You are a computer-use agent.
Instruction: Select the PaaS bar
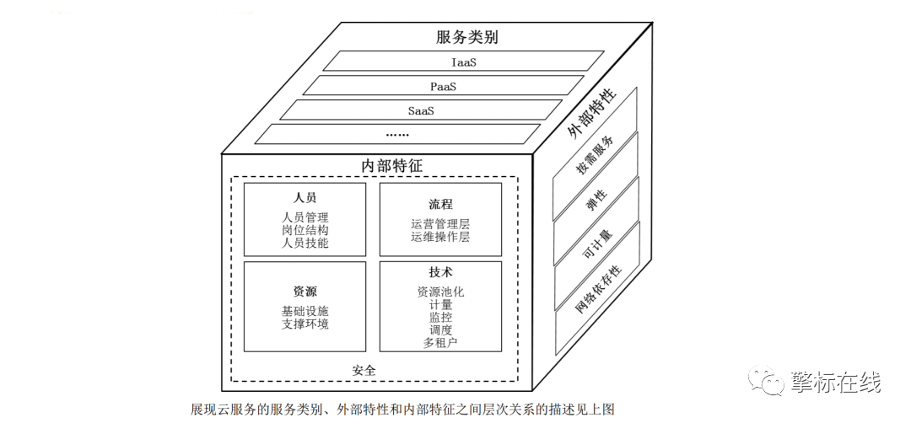point(443,86)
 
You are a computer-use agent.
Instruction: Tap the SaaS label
point(420,110)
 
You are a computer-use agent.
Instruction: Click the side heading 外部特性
point(591,110)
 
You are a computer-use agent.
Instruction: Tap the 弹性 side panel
point(596,199)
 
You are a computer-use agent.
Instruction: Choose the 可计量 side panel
point(596,244)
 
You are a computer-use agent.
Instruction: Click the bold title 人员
point(305,198)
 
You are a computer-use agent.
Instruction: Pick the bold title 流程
point(440,205)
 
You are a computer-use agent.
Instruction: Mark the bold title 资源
point(305,292)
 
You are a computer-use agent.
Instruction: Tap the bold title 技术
point(440,273)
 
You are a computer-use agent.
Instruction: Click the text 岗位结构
point(305,230)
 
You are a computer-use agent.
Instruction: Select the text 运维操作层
point(440,237)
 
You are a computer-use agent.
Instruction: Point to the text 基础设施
point(305,311)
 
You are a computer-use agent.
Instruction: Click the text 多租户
point(440,343)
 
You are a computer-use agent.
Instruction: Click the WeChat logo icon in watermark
point(770,383)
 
